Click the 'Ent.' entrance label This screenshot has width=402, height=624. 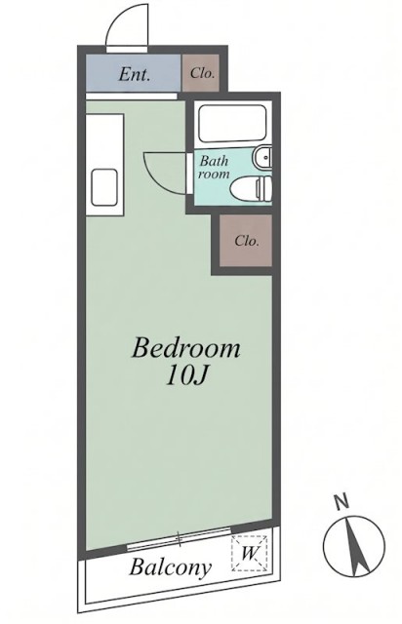pyautogui.click(x=135, y=74)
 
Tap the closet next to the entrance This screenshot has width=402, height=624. pyautogui.click(x=201, y=73)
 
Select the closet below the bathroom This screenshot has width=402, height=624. pyautogui.click(x=246, y=241)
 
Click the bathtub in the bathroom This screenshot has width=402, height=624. pyautogui.click(x=232, y=124)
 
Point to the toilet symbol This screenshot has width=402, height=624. pyautogui.click(x=252, y=187)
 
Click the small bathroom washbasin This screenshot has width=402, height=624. pyautogui.click(x=262, y=158)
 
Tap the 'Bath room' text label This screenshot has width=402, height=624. pyautogui.click(x=215, y=168)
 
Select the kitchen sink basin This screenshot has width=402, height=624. pyautogui.click(x=104, y=187)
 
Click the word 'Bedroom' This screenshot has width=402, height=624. pyautogui.click(x=186, y=347)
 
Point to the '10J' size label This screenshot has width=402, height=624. pyautogui.click(x=185, y=375)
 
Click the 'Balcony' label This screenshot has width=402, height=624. pyautogui.click(x=170, y=567)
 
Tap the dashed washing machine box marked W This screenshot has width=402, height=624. pyautogui.click(x=250, y=553)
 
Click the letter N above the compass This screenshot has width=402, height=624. pyautogui.click(x=341, y=502)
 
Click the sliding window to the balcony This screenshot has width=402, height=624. pyautogui.click(x=179, y=539)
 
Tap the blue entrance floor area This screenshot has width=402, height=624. pyautogui.click(x=134, y=73)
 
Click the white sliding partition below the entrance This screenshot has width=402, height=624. pyautogui.click(x=131, y=96)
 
